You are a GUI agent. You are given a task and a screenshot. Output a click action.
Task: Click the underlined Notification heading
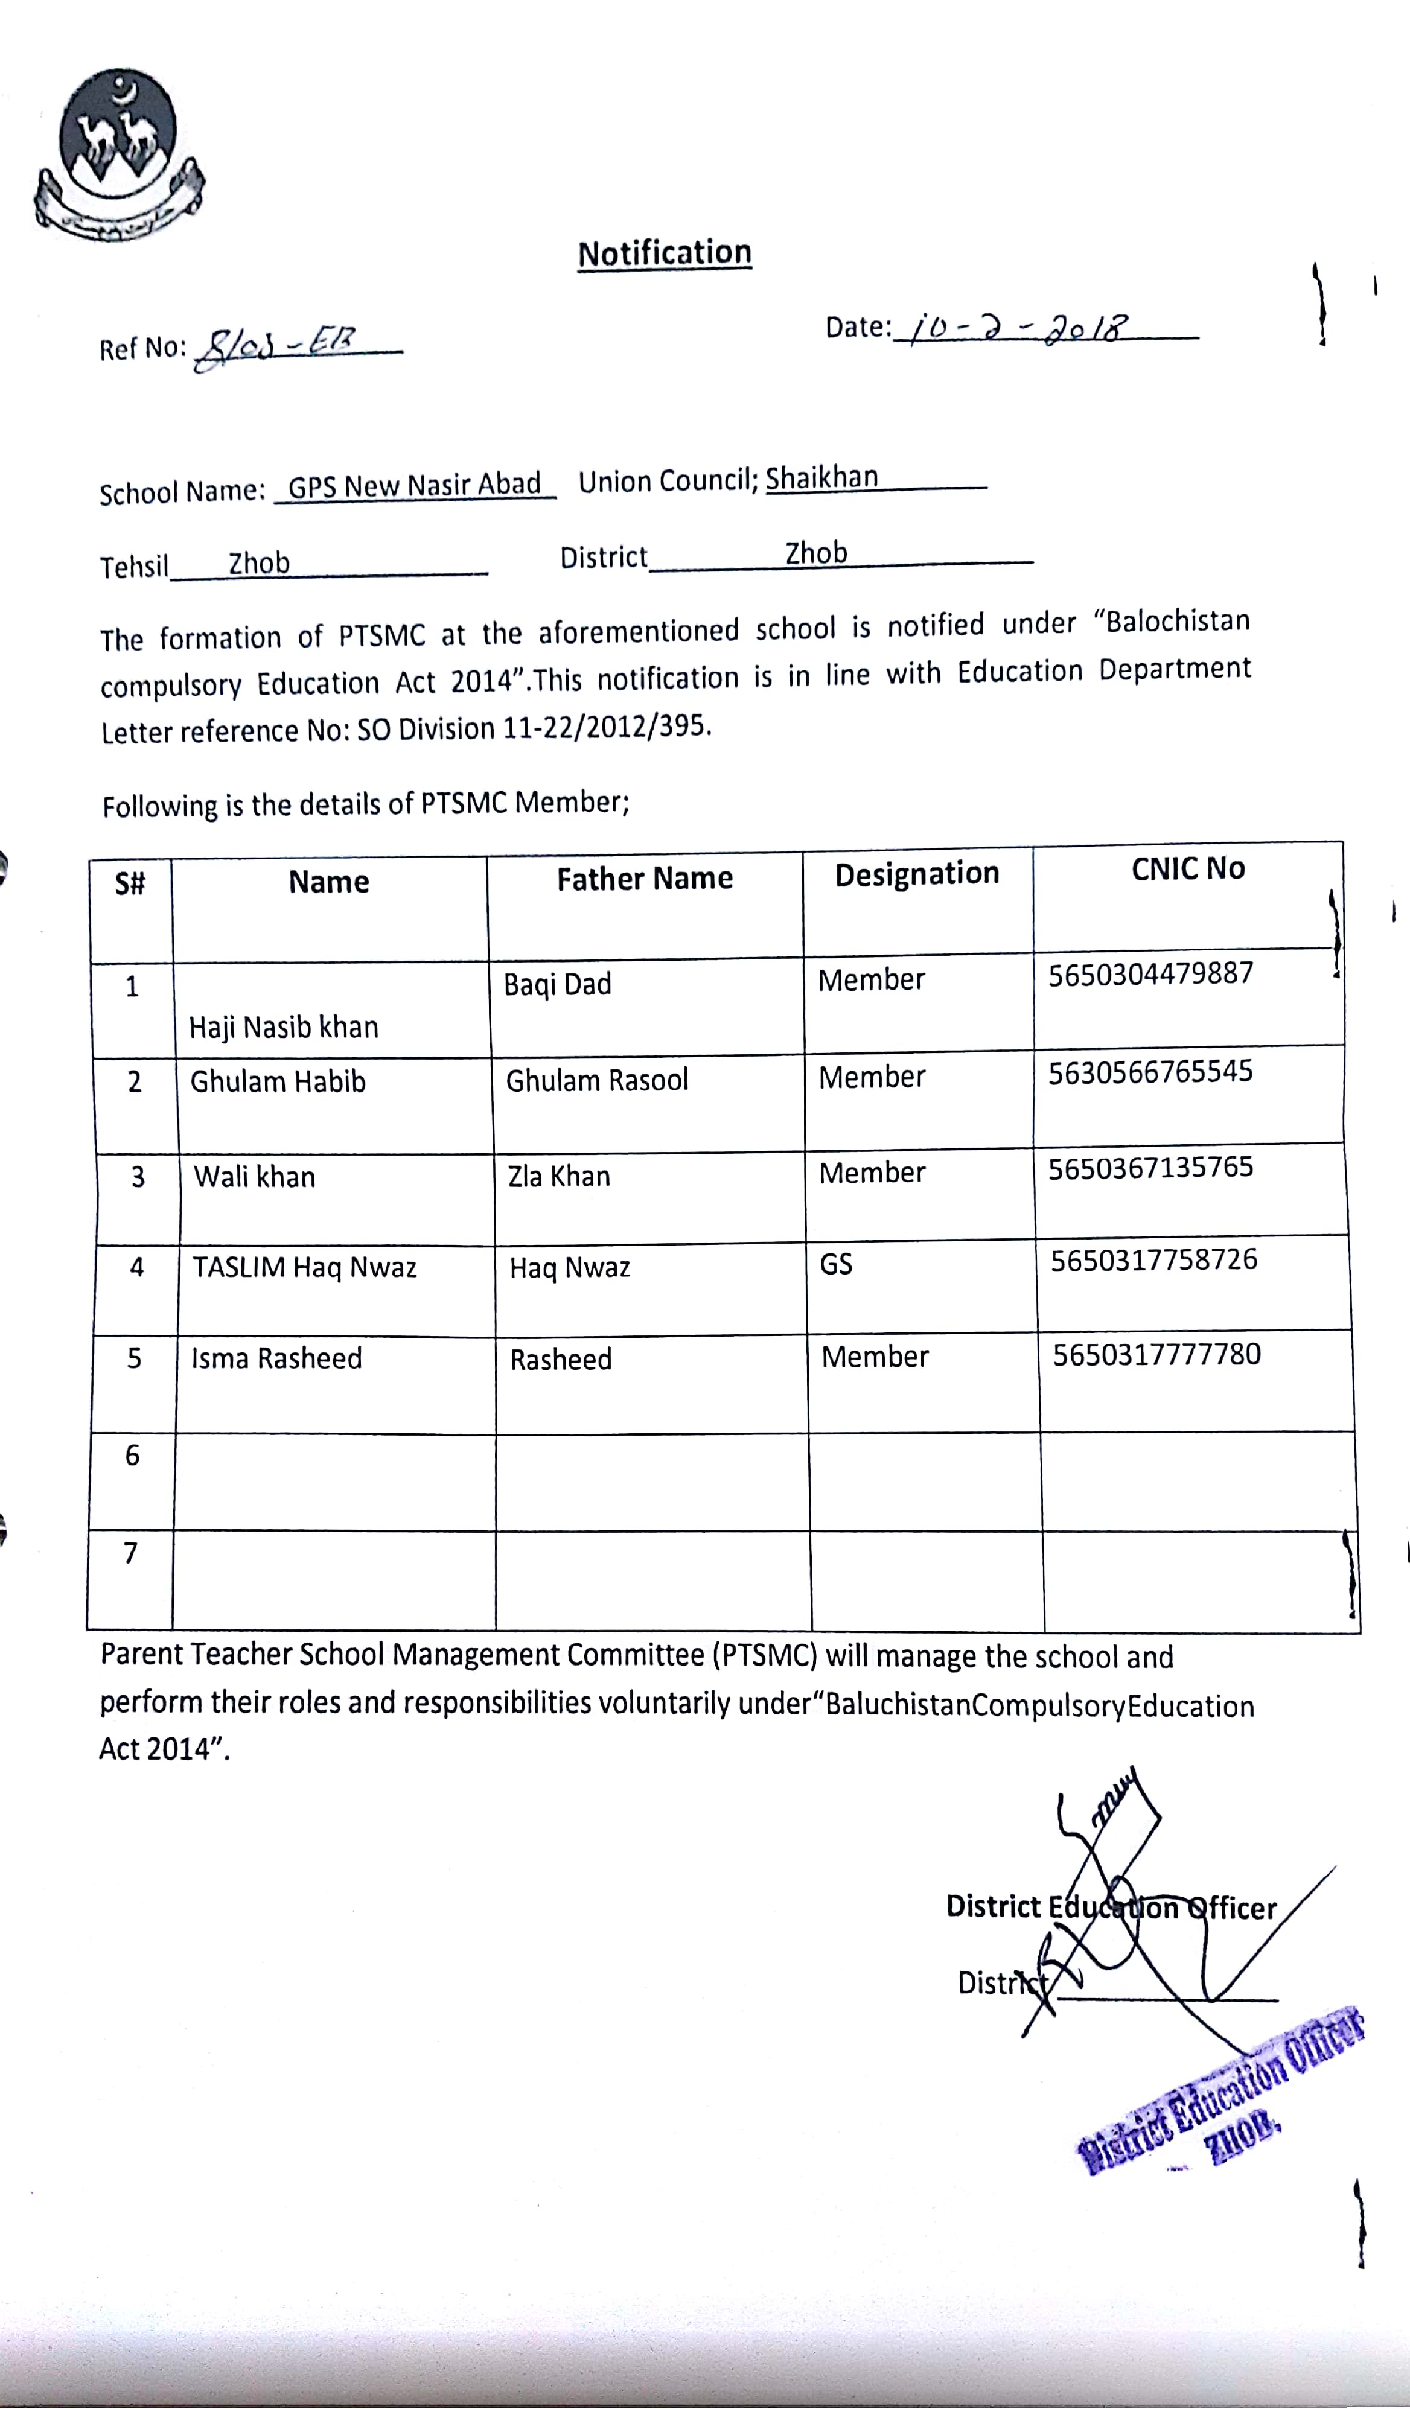(x=665, y=253)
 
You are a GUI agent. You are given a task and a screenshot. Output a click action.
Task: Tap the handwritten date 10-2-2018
(x=1019, y=329)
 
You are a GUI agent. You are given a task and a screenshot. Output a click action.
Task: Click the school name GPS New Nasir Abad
(x=414, y=486)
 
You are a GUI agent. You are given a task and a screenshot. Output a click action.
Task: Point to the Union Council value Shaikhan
(x=821, y=477)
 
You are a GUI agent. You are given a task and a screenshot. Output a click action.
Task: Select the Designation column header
(x=917, y=873)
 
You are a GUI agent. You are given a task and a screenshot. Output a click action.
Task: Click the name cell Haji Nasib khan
(x=284, y=1026)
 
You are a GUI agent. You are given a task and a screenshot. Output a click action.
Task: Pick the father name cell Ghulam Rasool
(x=596, y=1080)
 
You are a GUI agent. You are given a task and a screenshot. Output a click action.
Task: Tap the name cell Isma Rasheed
(x=276, y=1358)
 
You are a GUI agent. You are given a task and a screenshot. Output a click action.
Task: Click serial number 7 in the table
(x=131, y=1553)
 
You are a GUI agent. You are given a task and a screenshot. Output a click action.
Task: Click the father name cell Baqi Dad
(x=557, y=984)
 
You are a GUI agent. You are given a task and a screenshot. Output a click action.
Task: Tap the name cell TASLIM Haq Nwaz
(x=305, y=1268)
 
